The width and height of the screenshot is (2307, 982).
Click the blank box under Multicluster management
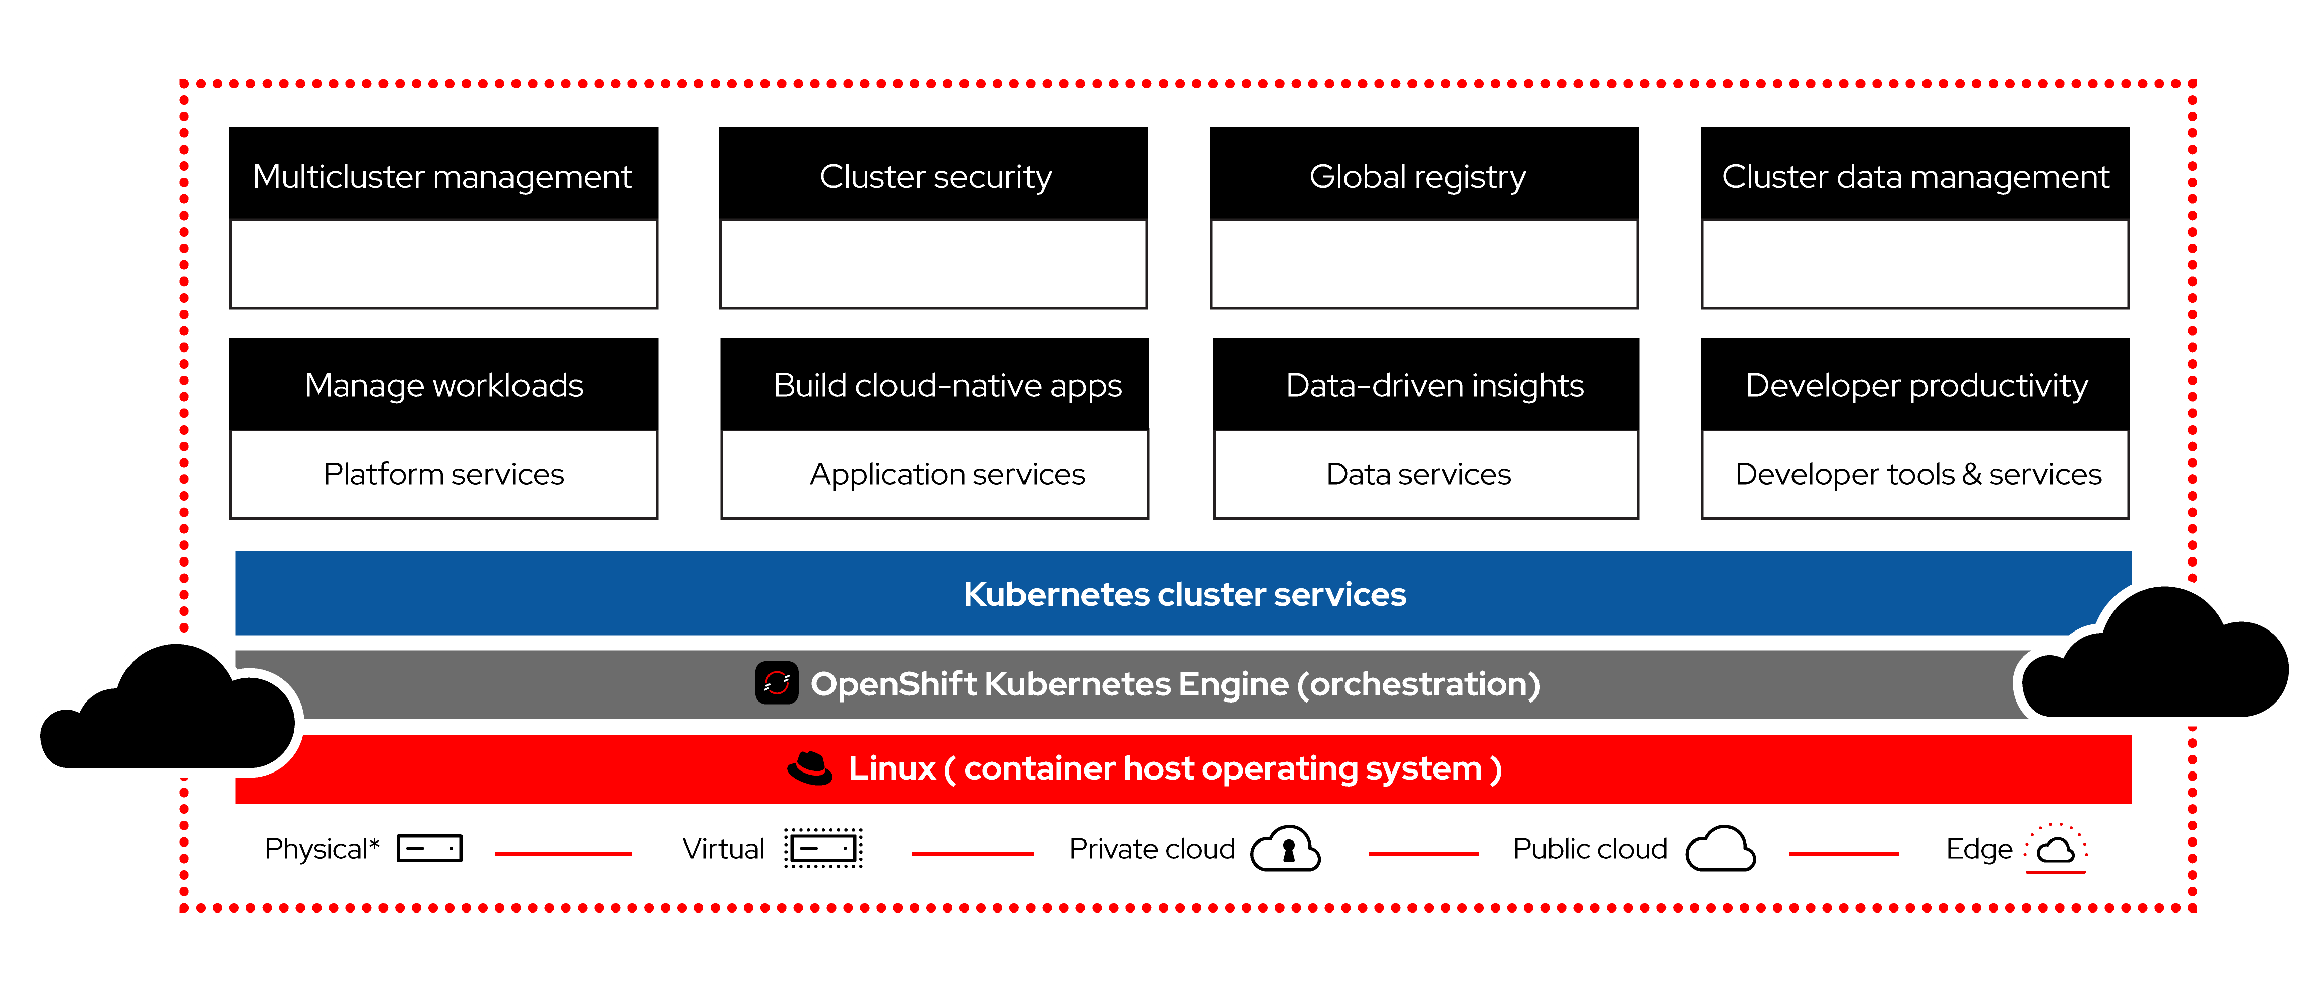click(x=443, y=263)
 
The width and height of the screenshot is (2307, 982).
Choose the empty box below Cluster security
click(x=933, y=263)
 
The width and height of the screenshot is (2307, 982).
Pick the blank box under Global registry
click(x=1424, y=263)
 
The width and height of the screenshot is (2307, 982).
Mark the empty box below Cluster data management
click(x=1915, y=263)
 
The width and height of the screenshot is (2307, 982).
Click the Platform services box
click(x=443, y=473)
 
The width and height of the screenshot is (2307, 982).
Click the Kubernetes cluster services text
click(x=1184, y=594)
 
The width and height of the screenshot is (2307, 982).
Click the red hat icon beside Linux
click(x=810, y=768)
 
